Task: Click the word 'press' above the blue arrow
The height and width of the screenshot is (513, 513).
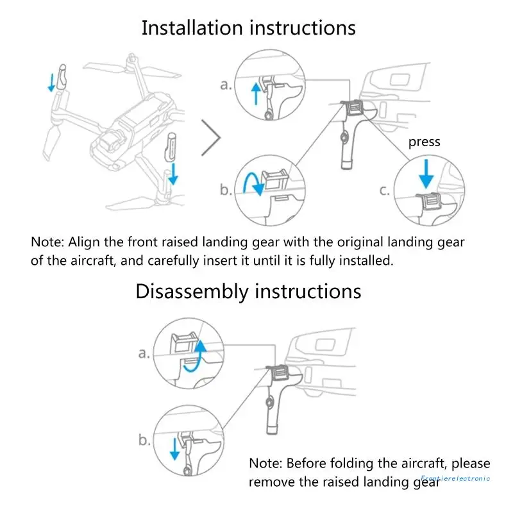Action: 424,142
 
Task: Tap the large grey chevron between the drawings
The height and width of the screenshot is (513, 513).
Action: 212,138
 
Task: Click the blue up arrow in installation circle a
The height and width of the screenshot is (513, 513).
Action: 256,94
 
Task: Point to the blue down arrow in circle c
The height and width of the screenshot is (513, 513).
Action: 426,174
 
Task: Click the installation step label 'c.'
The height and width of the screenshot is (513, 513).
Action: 384,190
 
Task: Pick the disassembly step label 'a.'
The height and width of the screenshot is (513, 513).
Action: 144,353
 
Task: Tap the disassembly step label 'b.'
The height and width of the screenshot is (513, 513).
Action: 144,440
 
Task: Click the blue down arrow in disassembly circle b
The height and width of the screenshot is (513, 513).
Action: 174,449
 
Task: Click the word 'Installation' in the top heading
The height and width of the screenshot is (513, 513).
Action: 192,28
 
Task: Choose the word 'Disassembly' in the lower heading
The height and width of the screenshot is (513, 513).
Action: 192,292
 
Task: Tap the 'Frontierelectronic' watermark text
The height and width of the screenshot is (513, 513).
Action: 455,478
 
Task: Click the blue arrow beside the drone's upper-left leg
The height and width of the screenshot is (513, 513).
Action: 51,83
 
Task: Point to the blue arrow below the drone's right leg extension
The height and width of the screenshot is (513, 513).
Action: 173,174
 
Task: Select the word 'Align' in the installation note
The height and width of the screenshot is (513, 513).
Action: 83,242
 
